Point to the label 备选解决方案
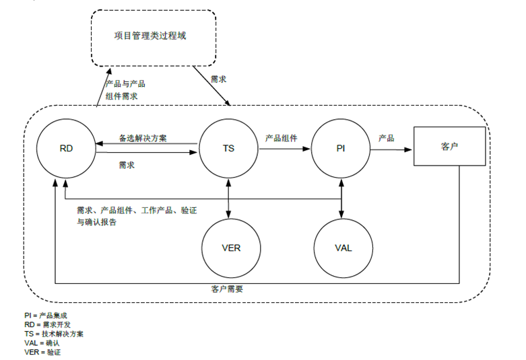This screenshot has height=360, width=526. [143, 138]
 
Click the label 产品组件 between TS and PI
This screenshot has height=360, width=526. [281, 138]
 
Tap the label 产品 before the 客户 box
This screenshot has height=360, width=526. [387, 138]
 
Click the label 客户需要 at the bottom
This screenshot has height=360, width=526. [227, 289]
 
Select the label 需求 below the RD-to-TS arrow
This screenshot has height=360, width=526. [127, 165]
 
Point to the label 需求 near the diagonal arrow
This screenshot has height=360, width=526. [218, 79]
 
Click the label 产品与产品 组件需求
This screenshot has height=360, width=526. [125, 90]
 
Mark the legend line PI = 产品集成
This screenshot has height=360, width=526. [46, 316]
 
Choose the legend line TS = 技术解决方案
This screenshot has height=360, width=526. [54, 334]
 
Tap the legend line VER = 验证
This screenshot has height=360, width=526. [42, 353]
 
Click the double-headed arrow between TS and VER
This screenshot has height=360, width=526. [228, 199]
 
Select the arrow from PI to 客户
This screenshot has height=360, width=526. [391, 149]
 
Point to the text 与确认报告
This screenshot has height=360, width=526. [96, 222]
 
